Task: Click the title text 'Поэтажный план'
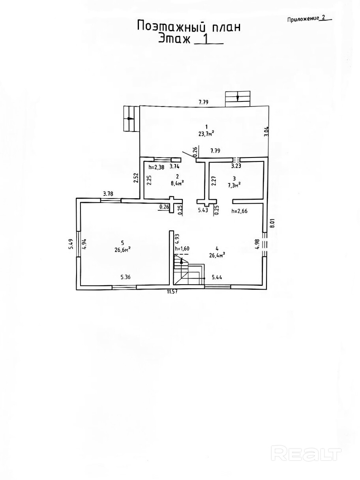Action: [188, 27]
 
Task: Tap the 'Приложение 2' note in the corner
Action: [307, 18]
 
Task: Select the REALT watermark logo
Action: [307, 454]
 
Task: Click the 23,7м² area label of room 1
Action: [206, 133]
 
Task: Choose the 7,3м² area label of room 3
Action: [235, 184]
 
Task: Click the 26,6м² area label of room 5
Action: [123, 249]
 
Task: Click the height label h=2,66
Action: [239, 211]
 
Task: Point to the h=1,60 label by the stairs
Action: [182, 249]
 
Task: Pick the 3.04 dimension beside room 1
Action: [266, 131]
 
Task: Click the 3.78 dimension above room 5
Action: [109, 193]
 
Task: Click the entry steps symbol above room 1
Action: [238, 98]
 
